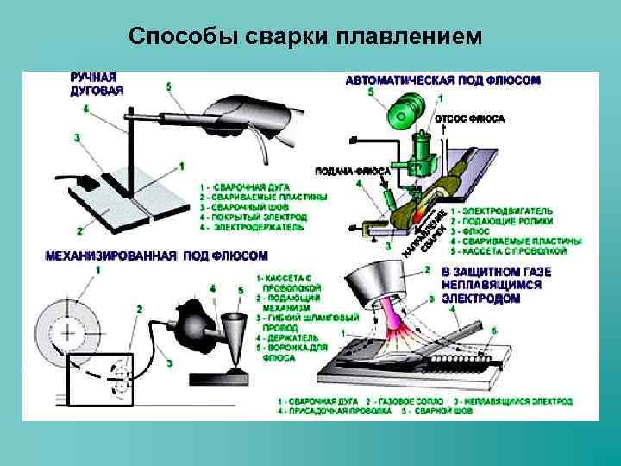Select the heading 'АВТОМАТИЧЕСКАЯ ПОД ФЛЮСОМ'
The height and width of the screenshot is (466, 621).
pos(443,80)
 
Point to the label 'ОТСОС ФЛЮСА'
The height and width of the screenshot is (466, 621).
pos(470,118)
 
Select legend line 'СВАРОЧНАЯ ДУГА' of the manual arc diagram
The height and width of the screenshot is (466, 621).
pos(247,186)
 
